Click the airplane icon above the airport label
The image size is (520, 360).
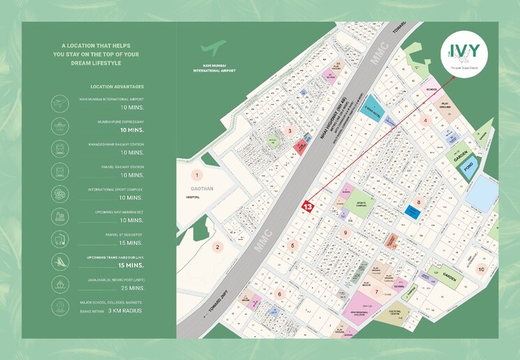214,48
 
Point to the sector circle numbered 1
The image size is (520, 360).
198,175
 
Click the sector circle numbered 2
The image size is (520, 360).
217,246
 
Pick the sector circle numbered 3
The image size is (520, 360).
289,130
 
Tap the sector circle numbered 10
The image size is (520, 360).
481,269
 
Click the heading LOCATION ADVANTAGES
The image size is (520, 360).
117,87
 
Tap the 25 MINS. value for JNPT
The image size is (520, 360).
132,287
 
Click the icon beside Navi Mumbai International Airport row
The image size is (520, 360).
59,103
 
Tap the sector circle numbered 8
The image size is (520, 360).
419,202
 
